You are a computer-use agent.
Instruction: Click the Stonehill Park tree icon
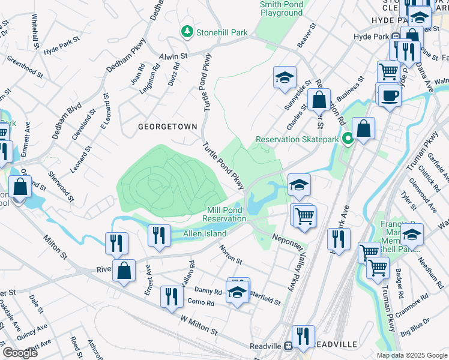point(187,32)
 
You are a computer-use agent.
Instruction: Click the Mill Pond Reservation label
point(226,214)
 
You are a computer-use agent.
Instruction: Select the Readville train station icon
point(288,346)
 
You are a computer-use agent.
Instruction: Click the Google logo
point(19,352)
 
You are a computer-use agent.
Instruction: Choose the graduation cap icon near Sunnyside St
point(285,77)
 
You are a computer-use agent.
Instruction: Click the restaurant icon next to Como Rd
point(172,296)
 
